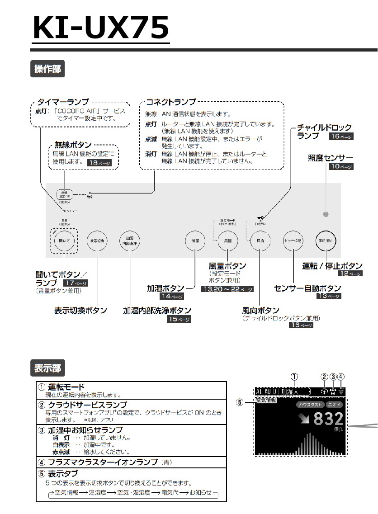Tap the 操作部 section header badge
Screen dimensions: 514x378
[x=47, y=69]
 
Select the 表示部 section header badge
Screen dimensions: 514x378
[x=47, y=368]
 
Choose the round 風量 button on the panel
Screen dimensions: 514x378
[x=228, y=241]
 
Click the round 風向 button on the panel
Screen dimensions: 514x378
[x=260, y=241]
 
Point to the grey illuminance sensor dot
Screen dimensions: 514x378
[x=326, y=214]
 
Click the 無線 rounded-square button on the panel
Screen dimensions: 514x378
[x=65, y=195]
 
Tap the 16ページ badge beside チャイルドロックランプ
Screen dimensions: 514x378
[x=341, y=136]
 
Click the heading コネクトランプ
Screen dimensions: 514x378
[x=171, y=102]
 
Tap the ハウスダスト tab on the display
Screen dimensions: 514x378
[x=310, y=405]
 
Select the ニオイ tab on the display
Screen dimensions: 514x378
[x=335, y=405]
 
